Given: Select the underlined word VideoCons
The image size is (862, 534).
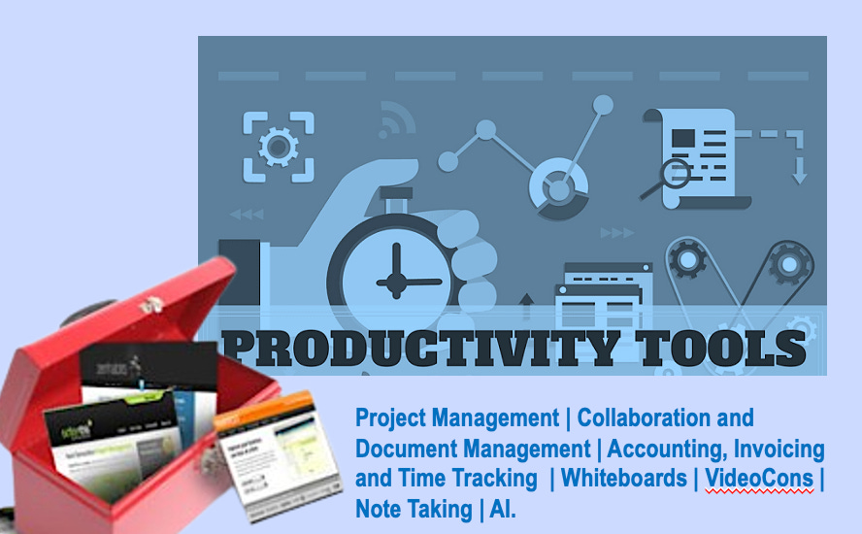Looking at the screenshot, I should [759, 478].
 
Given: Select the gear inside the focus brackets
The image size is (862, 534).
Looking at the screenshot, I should [278, 147].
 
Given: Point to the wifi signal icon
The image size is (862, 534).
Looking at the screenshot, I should [398, 119].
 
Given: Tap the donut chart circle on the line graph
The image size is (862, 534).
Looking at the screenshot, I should [558, 183].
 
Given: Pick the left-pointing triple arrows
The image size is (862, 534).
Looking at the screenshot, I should [247, 215].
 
